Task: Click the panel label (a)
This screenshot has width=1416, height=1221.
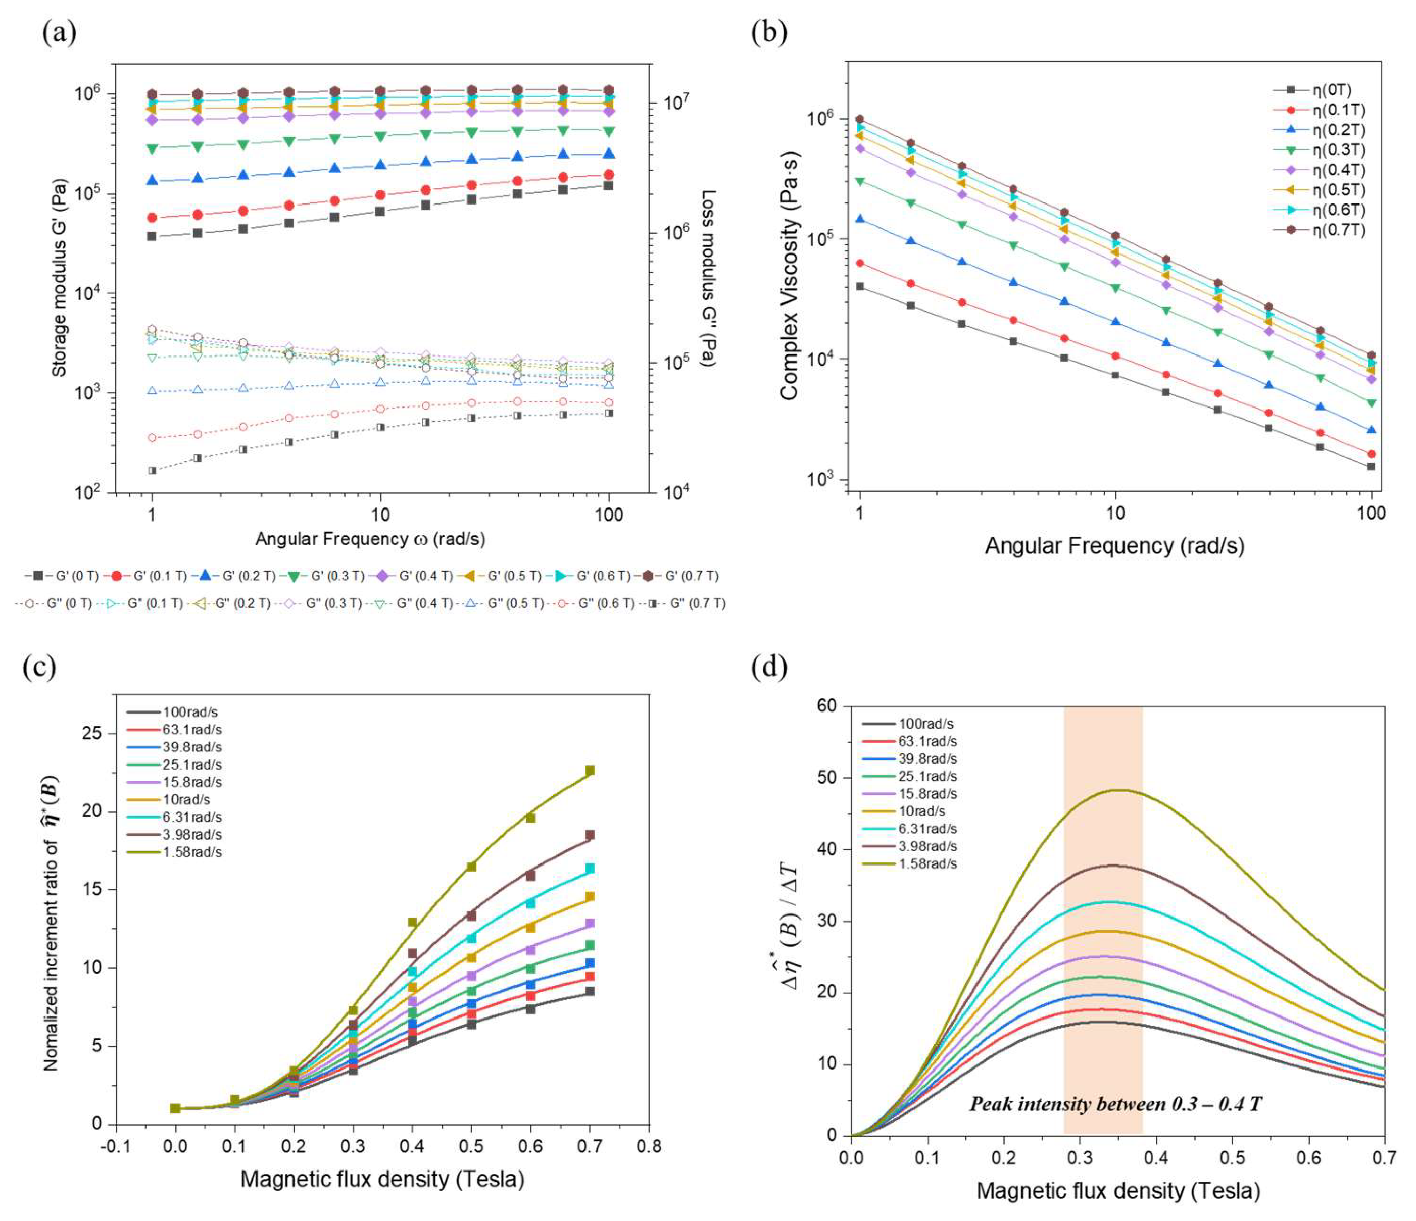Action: [x=60, y=32]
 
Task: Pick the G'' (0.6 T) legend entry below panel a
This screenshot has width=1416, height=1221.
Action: [x=593, y=603]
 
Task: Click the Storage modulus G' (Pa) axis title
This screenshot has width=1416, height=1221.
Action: [x=60, y=278]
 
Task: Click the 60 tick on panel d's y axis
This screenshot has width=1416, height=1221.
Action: [x=826, y=706]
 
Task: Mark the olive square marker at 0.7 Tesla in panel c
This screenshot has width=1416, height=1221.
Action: [x=590, y=770]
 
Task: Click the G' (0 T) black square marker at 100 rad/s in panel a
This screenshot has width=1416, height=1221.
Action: [x=608, y=186]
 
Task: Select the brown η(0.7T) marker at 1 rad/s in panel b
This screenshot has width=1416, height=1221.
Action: [x=860, y=119]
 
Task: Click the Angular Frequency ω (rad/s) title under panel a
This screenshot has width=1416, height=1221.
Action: [x=370, y=539]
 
